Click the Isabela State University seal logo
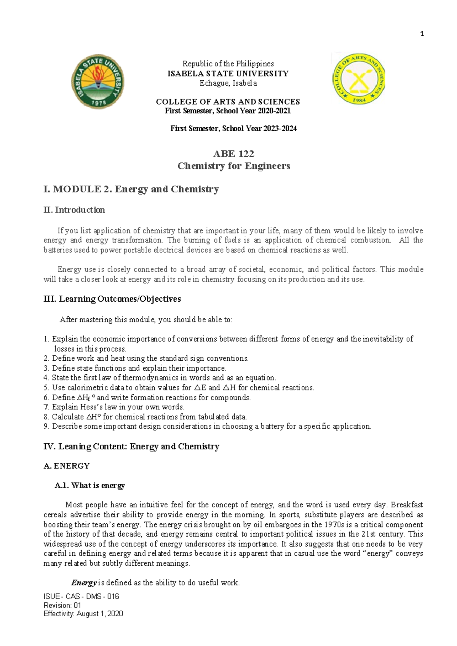coord(98,82)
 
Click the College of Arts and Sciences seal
coord(359,78)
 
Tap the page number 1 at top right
coord(422,34)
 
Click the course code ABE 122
coord(233,154)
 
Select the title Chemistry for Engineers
coord(233,166)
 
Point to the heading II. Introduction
coord(74,210)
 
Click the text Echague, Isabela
coord(228,83)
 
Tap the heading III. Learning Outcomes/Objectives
coord(112,299)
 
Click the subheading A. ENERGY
coord(67,466)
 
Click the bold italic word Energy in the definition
coord(84,583)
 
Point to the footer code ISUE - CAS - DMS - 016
coord(81,596)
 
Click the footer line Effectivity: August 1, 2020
coord(83,614)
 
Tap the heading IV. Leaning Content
coord(131,446)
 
